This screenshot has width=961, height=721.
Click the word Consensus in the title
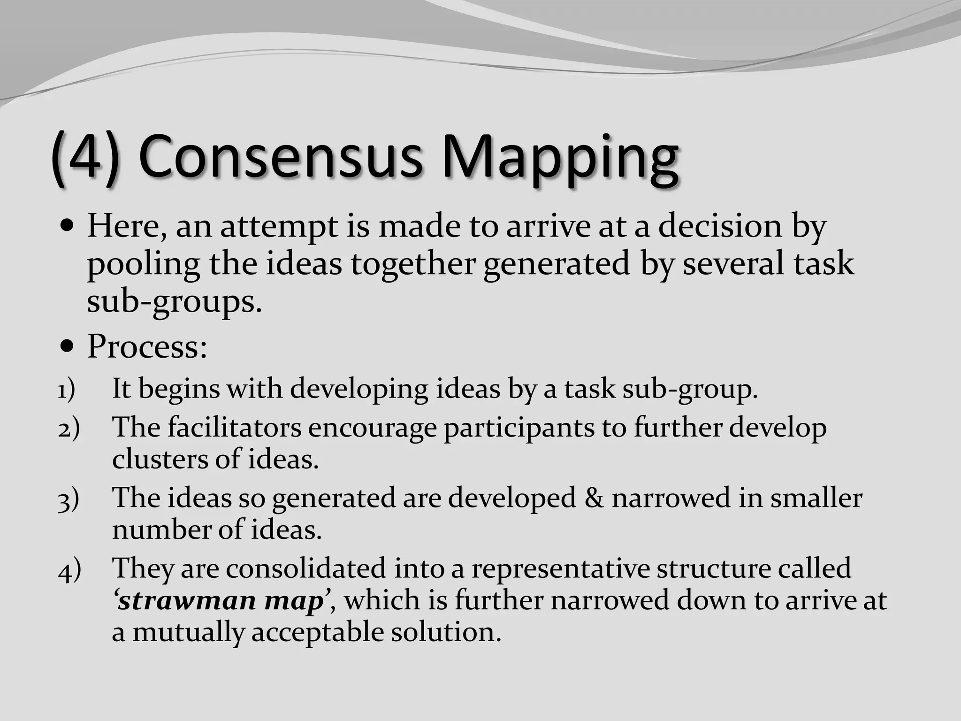(x=280, y=157)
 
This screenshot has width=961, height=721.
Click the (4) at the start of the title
(x=85, y=158)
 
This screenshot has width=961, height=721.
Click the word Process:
(x=147, y=347)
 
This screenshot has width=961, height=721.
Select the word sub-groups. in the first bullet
(x=174, y=302)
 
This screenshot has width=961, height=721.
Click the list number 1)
(x=66, y=390)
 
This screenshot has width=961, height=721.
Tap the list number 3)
(x=69, y=499)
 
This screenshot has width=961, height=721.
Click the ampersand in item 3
(x=594, y=498)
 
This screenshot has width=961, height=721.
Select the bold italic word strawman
(x=187, y=600)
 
